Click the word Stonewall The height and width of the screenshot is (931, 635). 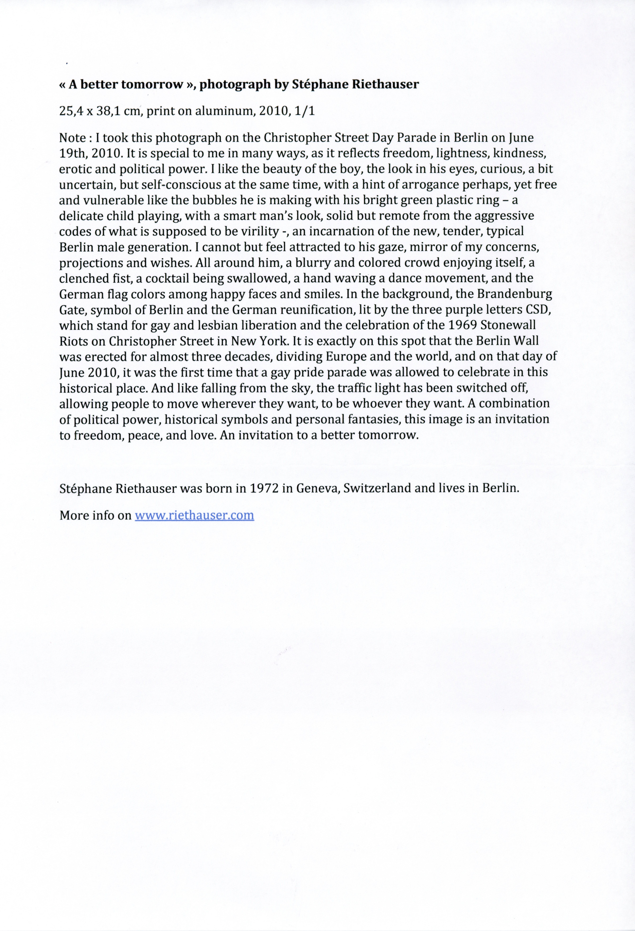coord(513,325)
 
